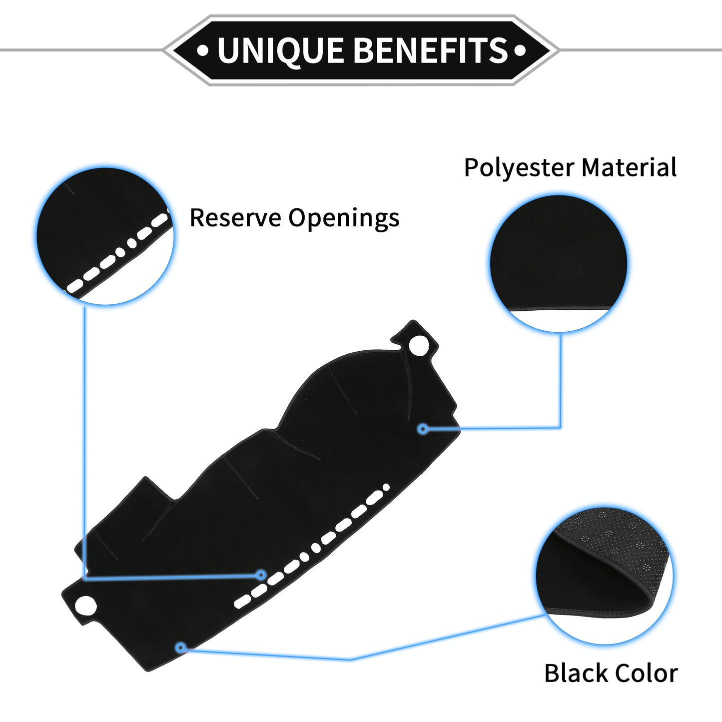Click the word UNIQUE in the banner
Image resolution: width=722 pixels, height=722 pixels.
[280, 51]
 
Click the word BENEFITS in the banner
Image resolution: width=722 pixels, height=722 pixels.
[431, 50]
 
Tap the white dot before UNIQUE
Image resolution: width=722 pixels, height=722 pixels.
[202, 50]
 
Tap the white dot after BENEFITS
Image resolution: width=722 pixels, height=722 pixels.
[520, 50]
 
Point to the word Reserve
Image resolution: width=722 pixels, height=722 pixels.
[235, 218]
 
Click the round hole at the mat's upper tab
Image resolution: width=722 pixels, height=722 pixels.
[419, 345]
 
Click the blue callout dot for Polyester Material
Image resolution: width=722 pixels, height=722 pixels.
[423, 429]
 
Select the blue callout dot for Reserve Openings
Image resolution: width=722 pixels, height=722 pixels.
[261, 575]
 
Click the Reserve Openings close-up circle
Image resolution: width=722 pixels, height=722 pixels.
[105, 236]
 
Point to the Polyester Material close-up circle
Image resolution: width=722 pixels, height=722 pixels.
[559, 263]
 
